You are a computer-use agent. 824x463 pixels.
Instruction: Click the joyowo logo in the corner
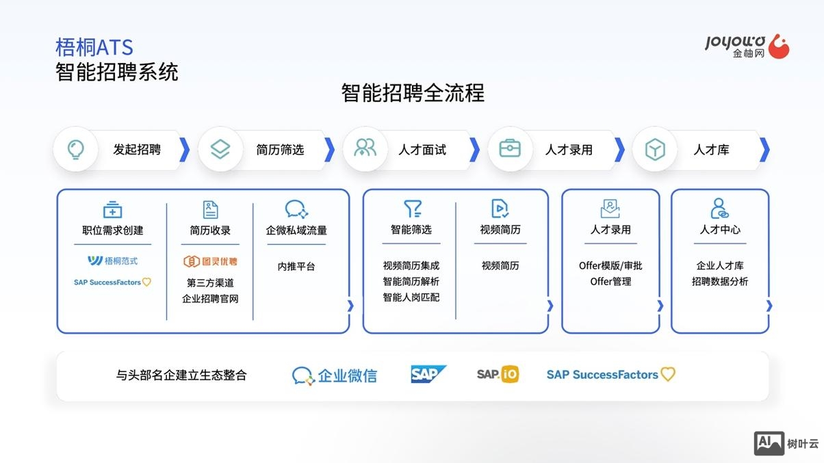747,46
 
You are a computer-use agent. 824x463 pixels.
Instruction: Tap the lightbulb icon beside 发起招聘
75,149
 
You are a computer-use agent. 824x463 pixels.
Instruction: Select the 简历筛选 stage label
280,150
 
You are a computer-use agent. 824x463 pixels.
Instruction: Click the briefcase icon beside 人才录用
509,149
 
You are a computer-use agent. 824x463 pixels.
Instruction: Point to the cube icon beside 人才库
655,149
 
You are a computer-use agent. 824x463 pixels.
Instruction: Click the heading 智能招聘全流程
413,93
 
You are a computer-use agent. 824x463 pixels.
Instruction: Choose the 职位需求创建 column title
113,230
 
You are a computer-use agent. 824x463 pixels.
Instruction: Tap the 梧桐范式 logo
113,261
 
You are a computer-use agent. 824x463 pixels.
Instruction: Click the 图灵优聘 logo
210,261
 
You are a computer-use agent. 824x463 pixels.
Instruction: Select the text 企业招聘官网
210,299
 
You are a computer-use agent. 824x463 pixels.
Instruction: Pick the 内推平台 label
296,266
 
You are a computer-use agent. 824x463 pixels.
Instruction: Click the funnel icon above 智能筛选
412,209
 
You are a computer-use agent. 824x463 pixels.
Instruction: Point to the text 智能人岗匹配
411,297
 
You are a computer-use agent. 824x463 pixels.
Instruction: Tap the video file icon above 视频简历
500,209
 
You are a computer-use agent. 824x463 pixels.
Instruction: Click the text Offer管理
610,281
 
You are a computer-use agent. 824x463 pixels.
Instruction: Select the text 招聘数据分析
720,281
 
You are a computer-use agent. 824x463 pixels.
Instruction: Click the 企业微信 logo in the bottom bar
335,375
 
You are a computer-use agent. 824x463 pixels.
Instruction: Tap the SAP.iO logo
498,374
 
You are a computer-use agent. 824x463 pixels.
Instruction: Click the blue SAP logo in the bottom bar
428,374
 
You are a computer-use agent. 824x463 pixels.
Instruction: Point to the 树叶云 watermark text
803,444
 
